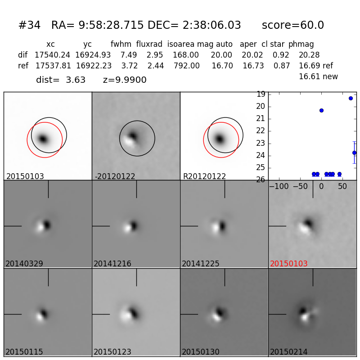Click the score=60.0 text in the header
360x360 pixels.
tap(292, 26)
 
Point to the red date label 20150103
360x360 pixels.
tap(289, 264)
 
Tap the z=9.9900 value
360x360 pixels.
tap(125, 80)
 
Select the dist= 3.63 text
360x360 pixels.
tap(61, 80)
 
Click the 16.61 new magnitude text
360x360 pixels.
tap(318, 76)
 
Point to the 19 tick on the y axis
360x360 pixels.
tap(260, 94)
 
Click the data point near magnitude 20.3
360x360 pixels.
tap(321, 110)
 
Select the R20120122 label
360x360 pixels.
tap(204, 176)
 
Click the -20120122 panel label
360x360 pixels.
tap(115, 176)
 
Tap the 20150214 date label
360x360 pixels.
tap(289, 352)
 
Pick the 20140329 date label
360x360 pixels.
tap(24, 264)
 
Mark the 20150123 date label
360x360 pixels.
tap(112, 352)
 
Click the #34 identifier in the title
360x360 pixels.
tap(29, 26)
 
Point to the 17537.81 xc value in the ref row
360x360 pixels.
tap(53, 66)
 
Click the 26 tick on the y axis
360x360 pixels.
tap(260, 180)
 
